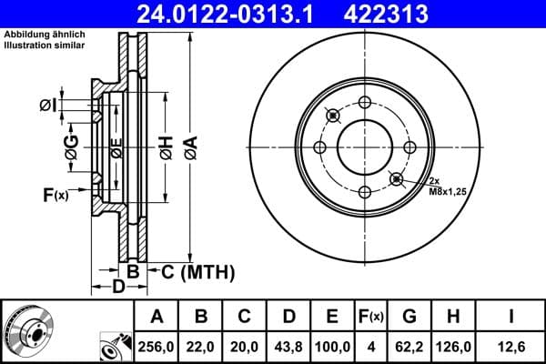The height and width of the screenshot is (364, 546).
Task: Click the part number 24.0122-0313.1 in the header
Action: tap(245, 14)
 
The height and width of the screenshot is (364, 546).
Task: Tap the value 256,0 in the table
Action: tap(157, 347)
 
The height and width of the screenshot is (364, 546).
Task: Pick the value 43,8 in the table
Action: tap(288, 347)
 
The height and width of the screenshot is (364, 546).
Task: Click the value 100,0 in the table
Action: tap(332, 347)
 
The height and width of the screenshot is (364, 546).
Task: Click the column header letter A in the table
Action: tap(157, 318)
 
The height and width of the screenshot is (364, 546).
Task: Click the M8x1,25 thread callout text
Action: tap(447, 193)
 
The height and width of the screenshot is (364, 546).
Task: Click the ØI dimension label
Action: tap(49, 106)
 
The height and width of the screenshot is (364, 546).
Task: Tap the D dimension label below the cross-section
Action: tap(118, 288)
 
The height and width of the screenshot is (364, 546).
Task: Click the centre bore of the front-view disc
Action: tap(364, 147)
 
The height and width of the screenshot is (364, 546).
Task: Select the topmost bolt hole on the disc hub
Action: tap(364, 102)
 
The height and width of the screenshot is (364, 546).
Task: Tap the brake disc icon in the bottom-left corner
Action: tap(28, 331)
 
